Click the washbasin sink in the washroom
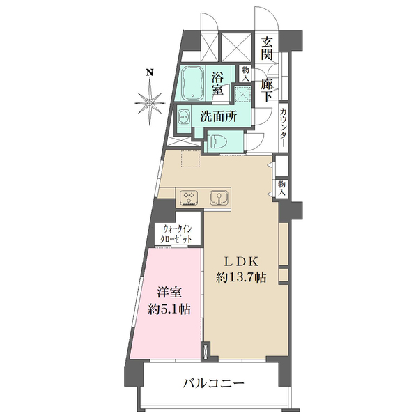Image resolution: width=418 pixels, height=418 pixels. coord(183,117)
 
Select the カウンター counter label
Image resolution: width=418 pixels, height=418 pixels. coord(284,126)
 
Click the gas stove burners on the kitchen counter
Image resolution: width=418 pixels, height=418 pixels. coord(189,197)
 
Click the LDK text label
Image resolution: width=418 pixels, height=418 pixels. coord(240,261)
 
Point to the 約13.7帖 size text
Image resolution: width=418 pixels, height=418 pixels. coord(240,277)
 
